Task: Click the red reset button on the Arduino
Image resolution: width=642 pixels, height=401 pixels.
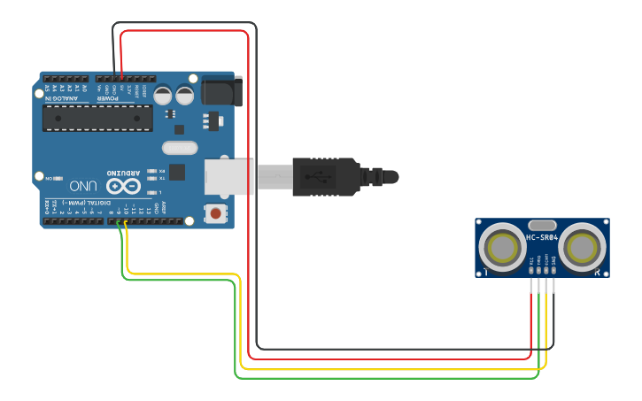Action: point(215,212)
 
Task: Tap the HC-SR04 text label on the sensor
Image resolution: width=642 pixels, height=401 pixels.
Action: point(541,237)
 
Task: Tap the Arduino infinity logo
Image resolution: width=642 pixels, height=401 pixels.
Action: point(122,186)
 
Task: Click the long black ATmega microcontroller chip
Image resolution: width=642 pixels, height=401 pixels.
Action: point(97,118)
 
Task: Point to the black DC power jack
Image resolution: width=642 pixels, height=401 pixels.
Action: point(220,90)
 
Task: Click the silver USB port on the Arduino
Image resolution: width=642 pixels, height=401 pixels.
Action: point(228,175)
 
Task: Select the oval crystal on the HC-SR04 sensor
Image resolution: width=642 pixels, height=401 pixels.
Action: point(541,225)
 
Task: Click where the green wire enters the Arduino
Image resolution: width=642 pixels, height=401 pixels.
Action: point(120,221)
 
